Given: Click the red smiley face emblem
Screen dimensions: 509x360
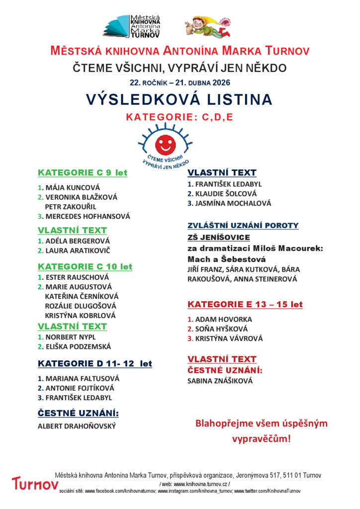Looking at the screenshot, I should [x=165, y=144].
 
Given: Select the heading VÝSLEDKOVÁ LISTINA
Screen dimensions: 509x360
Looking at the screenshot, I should [x=180, y=99].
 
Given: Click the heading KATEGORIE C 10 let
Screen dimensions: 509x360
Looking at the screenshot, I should [x=85, y=266].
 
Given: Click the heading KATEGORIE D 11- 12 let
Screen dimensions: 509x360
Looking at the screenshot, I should [x=95, y=363].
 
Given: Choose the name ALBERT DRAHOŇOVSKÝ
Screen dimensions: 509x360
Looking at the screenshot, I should [x=77, y=426].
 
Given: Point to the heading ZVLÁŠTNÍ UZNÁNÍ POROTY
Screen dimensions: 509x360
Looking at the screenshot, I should [x=243, y=225].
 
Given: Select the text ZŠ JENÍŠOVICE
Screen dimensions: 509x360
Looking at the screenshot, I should [x=218, y=237].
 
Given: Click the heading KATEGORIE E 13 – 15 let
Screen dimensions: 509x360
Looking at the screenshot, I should [x=245, y=304].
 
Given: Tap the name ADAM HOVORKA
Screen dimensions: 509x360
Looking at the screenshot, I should [x=223, y=319].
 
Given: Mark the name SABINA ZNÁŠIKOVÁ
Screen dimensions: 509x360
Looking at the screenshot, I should [x=220, y=381].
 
